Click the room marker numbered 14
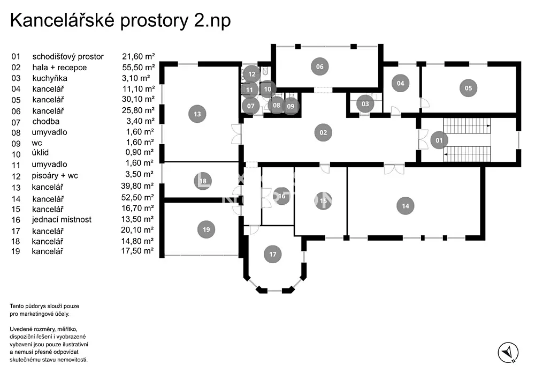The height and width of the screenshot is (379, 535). click(x=405, y=206)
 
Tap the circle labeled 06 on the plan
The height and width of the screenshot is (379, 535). click(x=320, y=66)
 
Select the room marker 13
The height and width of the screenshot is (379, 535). click(x=197, y=114)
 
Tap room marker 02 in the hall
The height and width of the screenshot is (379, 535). click(x=323, y=132)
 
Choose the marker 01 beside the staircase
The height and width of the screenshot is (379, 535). click(x=439, y=140)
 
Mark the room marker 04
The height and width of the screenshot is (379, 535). click(x=400, y=83)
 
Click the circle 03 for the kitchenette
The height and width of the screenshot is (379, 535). click(x=365, y=104)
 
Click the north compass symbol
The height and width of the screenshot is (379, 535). click(x=508, y=352)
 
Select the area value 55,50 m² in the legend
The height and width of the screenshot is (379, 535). click(x=139, y=68)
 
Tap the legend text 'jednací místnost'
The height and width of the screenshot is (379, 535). click(x=62, y=219)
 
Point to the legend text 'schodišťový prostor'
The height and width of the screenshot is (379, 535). click(x=68, y=56)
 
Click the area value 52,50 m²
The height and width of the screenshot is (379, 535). click(x=137, y=197)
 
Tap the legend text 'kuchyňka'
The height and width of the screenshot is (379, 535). click(x=49, y=78)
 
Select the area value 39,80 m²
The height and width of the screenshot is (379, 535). click(x=137, y=186)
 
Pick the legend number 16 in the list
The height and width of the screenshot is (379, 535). click(x=15, y=219)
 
